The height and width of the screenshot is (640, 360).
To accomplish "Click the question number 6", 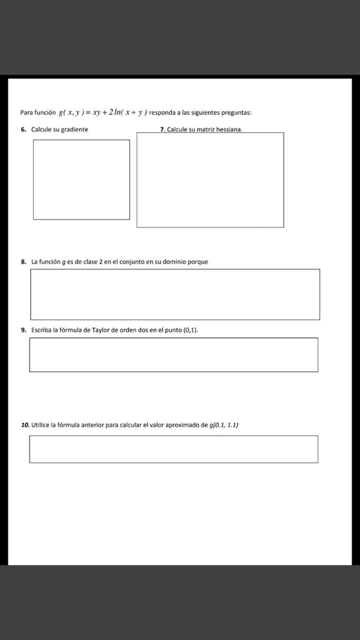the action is click(x=24, y=130).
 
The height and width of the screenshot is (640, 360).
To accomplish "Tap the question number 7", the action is click(x=162, y=130).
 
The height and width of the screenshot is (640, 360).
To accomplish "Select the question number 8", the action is click(x=24, y=262).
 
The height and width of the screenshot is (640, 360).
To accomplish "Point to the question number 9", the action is click(x=24, y=331).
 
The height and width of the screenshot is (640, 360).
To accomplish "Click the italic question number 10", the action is click(x=26, y=426).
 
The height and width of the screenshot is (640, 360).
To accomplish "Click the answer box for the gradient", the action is click(x=82, y=180).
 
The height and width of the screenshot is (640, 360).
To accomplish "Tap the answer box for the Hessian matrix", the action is click(x=210, y=180).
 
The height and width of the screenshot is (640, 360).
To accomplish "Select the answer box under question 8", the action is click(x=174, y=294).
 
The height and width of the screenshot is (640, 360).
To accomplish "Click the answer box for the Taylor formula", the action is click(x=174, y=355).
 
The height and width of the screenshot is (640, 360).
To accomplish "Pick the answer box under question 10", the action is click(x=174, y=449).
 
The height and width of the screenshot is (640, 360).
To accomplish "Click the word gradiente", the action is click(x=72, y=130).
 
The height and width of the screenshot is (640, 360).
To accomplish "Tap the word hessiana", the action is click(x=227, y=130).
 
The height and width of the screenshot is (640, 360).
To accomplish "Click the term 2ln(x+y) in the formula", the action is click(x=127, y=112).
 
